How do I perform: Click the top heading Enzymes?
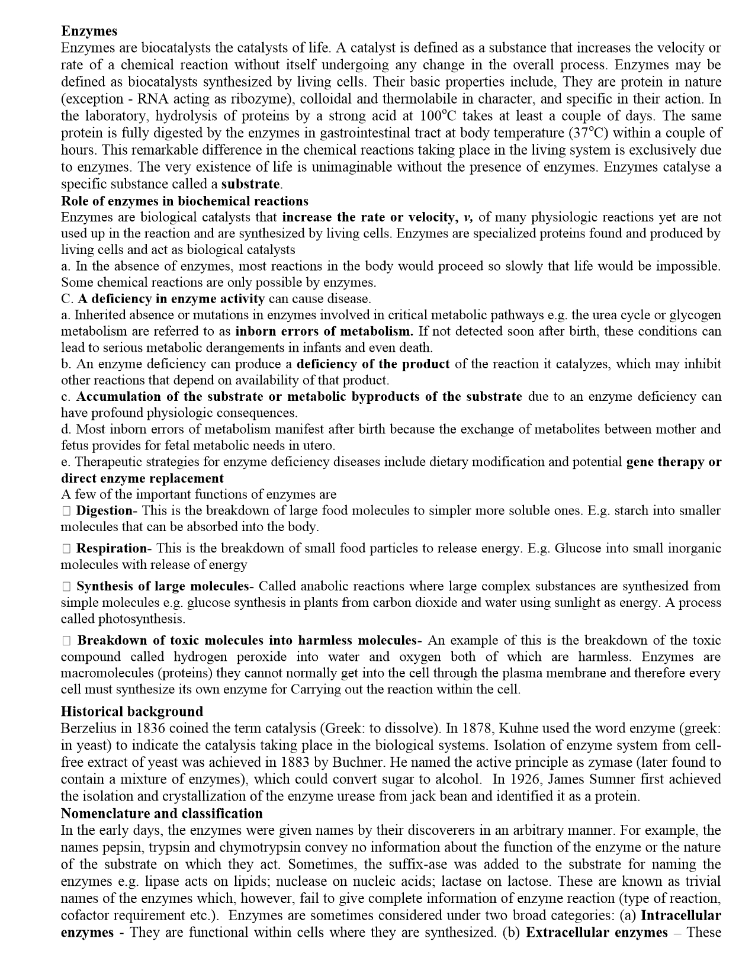tap(89, 31)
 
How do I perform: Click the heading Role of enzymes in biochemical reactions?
tap(185, 201)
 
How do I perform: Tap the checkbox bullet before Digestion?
tap(66, 510)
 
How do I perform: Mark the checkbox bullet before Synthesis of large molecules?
tap(66, 586)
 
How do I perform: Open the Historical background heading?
tap(132, 711)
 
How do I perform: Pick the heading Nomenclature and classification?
tap(162, 813)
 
